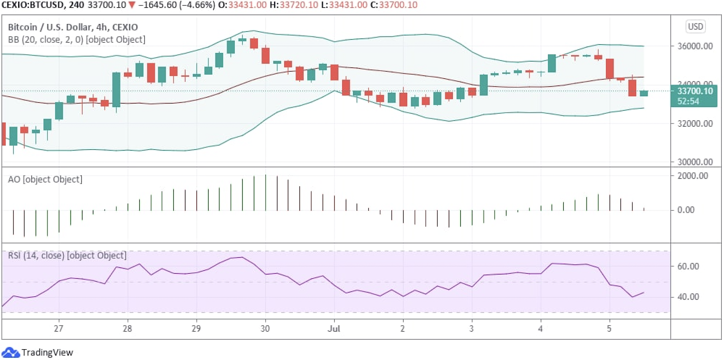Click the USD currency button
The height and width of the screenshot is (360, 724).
[695, 27]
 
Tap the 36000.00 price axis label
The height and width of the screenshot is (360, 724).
[695, 46]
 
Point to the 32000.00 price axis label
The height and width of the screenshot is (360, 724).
[695, 123]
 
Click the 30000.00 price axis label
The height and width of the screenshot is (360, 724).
[695, 162]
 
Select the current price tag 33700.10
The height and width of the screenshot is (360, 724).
[694, 91]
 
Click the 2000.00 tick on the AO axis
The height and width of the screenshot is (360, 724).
[692, 176]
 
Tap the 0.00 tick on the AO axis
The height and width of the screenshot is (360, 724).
[686, 210]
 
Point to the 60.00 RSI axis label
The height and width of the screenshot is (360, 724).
[688, 266]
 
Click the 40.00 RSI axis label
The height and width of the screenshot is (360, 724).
[688, 297]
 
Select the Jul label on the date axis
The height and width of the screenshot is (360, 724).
[334, 329]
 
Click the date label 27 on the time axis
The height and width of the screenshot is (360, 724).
[58, 329]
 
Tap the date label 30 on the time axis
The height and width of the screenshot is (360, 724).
[265, 329]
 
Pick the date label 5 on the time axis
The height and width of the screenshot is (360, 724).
[609, 329]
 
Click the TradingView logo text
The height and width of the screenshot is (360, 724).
[47, 353]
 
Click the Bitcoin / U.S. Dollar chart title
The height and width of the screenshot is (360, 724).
[73, 27]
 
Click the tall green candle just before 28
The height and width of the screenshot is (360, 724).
[116, 90]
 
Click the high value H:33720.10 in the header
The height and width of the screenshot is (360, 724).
[294, 5]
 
